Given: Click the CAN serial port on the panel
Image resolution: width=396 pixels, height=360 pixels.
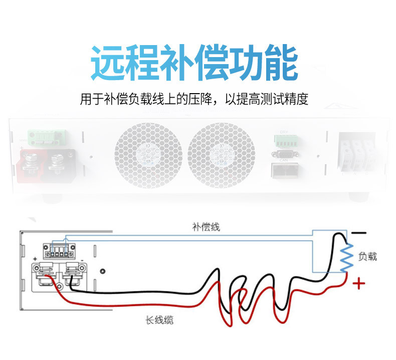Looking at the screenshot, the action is (x=284, y=155).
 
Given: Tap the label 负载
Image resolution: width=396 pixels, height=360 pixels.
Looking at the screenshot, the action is (x=367, y=256).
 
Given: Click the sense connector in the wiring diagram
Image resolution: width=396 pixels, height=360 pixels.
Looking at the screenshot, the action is (x=56, y=250).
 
